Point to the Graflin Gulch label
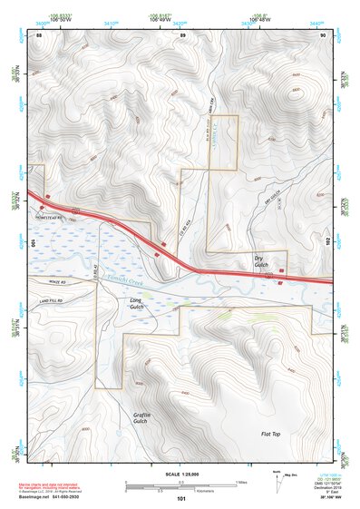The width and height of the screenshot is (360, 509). [x=140, y=416]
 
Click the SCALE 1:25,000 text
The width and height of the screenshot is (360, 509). [x=181, y=474]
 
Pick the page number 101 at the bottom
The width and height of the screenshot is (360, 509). [x=181, y=499]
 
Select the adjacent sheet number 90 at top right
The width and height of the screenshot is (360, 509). [x=323, y=34]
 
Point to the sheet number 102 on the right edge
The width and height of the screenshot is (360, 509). [x=326, y=241]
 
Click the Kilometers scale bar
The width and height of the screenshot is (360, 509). [x=181, y=490]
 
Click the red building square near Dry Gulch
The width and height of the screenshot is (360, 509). [x=281, y=270]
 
